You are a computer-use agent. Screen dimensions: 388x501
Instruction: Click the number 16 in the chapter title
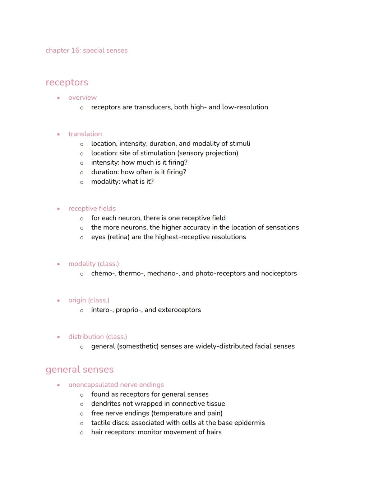[75, 51]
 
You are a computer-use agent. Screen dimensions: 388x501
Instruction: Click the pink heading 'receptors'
[67, 82]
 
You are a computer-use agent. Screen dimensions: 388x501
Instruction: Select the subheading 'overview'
[82, 98]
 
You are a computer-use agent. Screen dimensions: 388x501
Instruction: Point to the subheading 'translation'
[85, 134]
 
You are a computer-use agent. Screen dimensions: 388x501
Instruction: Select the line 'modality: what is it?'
[122, 182]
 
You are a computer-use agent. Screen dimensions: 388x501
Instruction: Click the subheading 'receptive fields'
[92, 209]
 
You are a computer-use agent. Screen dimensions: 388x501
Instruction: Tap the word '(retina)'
[119, 237]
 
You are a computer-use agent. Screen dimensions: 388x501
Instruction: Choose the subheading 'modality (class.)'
[93, 264]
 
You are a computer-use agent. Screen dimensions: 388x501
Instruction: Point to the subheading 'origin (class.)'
[89, 301]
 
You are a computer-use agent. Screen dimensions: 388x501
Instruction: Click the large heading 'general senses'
[79, 370]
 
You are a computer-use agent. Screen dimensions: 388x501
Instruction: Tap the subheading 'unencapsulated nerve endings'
[116, 385]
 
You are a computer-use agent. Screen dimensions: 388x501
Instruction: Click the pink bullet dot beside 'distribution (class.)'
[58, 337]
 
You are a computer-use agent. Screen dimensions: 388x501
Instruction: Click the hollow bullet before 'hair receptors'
[82, 433]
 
